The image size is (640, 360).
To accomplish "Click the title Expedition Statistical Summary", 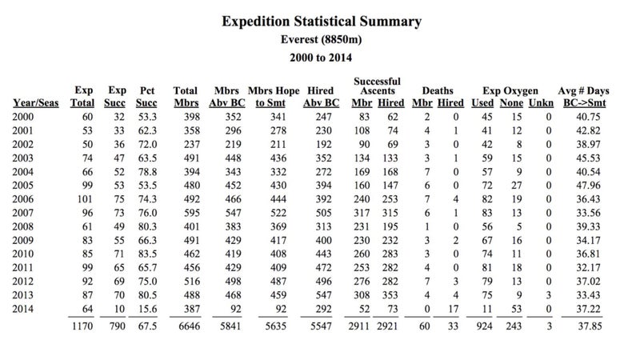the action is [x=322, y=22].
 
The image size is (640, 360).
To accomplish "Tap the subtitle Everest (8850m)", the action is [x=322, y=39].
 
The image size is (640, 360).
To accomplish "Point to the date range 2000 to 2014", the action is [x=321, y=58].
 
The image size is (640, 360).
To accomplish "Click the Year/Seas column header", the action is [x=36, y=103].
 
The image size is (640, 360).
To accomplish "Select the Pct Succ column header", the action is [x=146, y=97].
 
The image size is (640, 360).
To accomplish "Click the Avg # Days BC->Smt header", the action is [x=584, y=97].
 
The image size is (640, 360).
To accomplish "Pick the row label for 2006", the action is [x=23, y=199].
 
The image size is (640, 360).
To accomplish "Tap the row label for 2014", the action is [x=23, y=309].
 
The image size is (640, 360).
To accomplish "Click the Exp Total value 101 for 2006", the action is [x=85, y=199].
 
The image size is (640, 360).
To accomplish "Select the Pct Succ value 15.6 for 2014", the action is [x=147, y=309].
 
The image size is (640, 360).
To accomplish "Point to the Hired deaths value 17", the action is [x=454, y=309].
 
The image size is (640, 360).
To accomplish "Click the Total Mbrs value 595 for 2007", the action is [x=191, y=213].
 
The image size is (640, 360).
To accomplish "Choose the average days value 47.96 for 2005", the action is [x=588, y=186].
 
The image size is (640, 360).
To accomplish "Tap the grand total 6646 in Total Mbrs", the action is [x=190, y=326].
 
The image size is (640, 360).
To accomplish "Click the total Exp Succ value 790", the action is [x=116, y=326].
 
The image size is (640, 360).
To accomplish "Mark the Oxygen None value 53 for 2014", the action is [x=517, y=309].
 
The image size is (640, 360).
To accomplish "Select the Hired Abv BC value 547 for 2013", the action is [x=323, y=295].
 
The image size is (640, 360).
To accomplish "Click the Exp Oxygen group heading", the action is [x=510, y=90].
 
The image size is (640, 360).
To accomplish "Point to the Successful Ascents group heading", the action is [x=377, y=86].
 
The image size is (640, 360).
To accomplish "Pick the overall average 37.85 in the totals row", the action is [x=590, y=326].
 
